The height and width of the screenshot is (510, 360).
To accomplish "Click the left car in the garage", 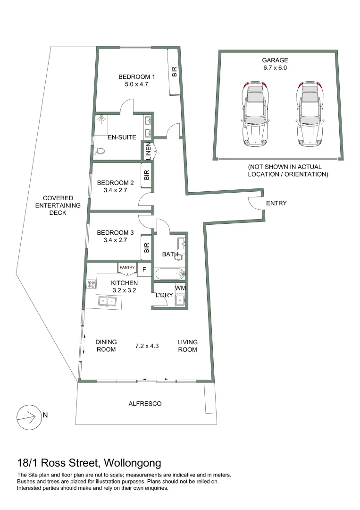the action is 255,114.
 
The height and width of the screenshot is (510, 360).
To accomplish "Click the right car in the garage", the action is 310,114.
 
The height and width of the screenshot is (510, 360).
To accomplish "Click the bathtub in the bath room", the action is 171,274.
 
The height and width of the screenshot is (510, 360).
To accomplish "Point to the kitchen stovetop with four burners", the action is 92,284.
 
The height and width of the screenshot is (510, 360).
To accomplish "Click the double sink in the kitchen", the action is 108,301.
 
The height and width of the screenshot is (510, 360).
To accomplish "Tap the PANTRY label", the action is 127,267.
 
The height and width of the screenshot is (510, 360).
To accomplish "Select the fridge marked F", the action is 144,270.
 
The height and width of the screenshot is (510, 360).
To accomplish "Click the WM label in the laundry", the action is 180,288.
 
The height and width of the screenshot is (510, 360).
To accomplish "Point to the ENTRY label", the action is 276,203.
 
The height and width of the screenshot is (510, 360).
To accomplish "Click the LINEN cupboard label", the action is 148,151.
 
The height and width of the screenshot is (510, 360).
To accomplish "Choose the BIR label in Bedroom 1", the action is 174,72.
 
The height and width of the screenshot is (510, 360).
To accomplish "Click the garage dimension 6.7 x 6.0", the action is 275,68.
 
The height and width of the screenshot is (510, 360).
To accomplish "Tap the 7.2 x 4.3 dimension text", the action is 147,346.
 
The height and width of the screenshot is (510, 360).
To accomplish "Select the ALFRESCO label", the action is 145,404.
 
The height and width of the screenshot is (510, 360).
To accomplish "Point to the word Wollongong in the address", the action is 133,463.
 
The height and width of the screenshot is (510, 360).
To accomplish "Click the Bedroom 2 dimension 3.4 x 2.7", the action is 115,190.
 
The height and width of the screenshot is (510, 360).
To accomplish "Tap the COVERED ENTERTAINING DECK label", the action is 58,205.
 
